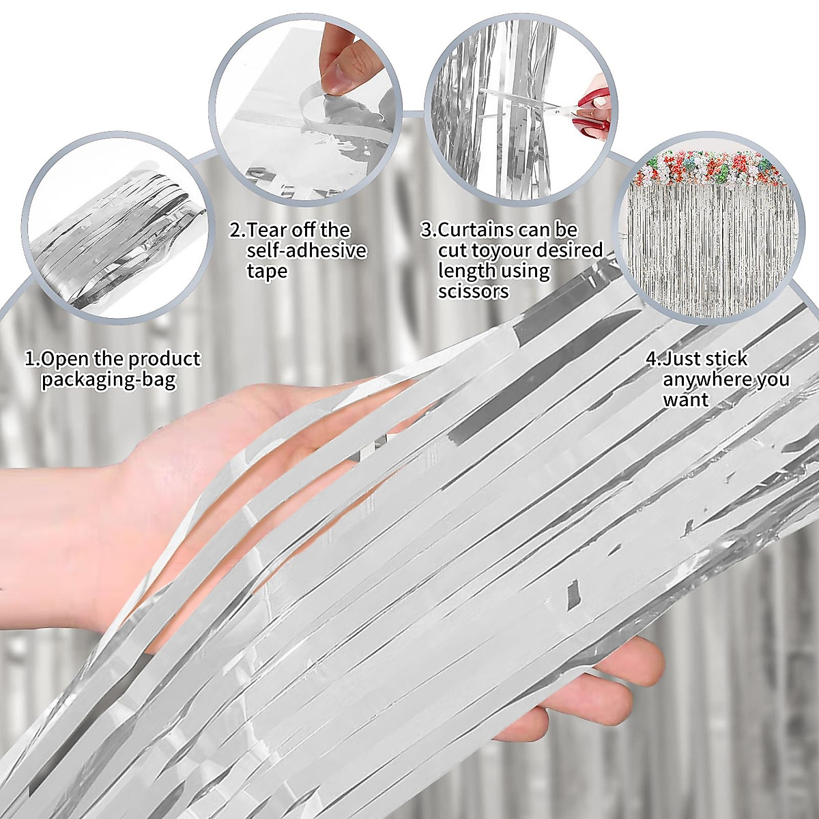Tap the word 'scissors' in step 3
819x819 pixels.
(x=473, y=291)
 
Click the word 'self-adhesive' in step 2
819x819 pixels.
(x=306, y=250)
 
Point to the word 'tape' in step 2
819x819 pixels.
(x=267, y=271)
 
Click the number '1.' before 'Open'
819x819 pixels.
(x=32, y=358)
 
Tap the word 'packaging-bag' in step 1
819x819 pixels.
(x=109, y=379)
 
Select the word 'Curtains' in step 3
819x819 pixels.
(x=476, y=229)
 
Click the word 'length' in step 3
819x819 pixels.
(x=466, y=271)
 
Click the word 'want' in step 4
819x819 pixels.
(x=685, y=399)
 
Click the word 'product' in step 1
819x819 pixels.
(x=164, y=358)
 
